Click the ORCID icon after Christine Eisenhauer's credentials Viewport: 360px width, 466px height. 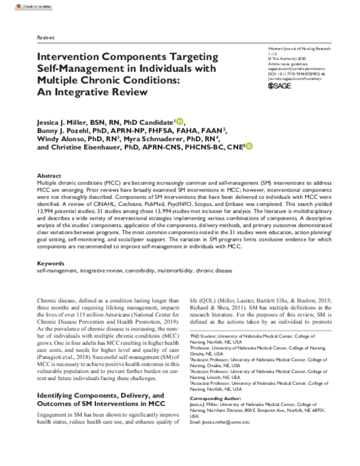tap(249, 146)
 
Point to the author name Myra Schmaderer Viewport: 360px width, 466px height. tap(168, 139)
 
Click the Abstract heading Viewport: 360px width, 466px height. tap(50, 174)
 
